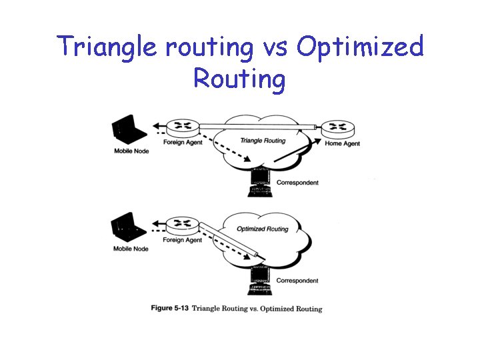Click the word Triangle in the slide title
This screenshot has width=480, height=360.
click(100, 47)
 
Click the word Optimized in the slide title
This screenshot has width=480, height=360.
click(360, 47)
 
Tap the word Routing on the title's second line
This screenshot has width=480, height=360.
click(240, 79)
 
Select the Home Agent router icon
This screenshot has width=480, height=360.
click(337, 129)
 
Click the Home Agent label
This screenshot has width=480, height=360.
click(342, 144)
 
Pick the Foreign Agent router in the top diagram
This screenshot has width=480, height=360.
click(180, 127)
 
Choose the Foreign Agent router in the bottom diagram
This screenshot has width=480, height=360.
click(180, 225)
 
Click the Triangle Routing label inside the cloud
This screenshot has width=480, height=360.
click(263, 141)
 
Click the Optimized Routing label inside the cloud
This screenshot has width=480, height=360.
click(263, 229)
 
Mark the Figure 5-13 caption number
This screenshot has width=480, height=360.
click(170, 309)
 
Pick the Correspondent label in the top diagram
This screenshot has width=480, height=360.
click(297, 182)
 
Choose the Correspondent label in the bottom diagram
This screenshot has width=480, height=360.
click(297, 280)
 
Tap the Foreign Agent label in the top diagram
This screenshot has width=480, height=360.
click(183, 142)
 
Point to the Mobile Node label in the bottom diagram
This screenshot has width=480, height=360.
click(131, 249)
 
